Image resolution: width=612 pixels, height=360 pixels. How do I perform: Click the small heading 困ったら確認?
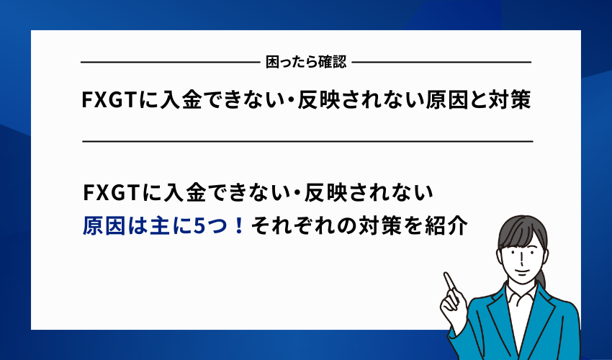point(306,62)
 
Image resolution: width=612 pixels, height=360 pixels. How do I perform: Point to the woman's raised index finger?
point(448,279)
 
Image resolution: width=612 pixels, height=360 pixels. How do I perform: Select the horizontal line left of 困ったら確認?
point(170,63)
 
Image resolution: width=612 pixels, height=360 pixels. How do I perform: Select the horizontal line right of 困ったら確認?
point(441,63)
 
